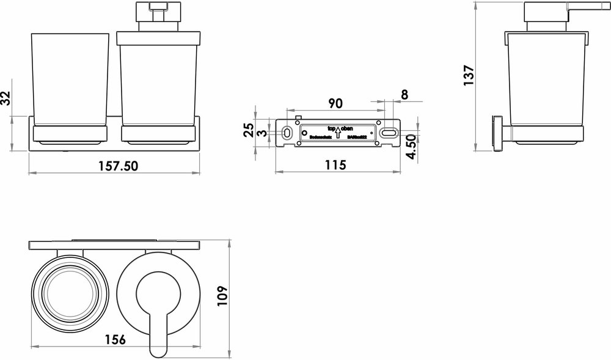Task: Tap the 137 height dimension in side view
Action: (x=469, y=76)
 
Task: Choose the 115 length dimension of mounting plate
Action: (x=335, y=164)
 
